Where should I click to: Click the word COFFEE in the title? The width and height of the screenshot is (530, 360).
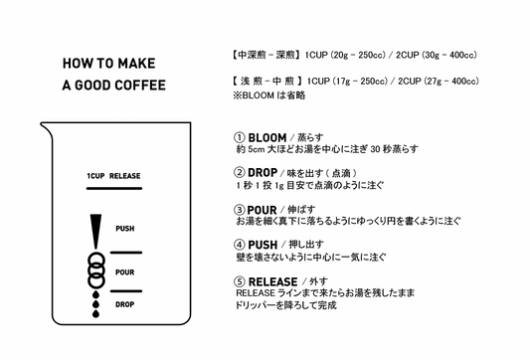point(140,85)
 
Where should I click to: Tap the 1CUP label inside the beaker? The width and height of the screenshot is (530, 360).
point(95,176)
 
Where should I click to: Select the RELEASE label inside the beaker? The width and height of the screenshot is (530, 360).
point(124,176)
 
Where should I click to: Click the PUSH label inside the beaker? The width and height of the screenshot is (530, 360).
point(125,229)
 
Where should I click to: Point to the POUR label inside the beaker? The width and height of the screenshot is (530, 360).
point(124,272)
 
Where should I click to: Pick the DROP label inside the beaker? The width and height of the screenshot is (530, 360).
point(124,304)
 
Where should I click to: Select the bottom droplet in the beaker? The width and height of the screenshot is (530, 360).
point(96,313)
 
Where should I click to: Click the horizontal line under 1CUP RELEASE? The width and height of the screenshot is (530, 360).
point(114,188)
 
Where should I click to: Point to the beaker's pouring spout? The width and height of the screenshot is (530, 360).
point(45,127)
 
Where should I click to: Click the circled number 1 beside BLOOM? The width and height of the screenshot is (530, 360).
point(239,137)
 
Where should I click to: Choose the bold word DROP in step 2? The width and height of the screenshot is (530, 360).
point(263,173)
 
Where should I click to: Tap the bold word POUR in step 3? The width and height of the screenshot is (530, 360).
point(262,210)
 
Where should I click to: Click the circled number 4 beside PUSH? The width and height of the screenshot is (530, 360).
point(239,244)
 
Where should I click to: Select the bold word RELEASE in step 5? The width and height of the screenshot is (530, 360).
point(273,281)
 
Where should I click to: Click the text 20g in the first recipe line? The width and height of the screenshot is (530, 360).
point(340,55)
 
